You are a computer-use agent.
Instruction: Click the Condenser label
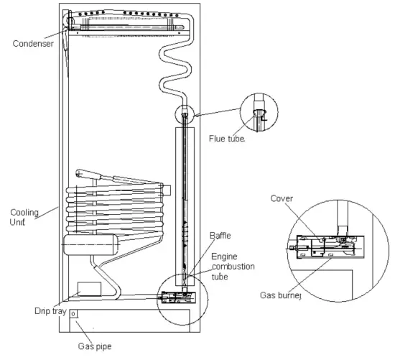coord(33,44)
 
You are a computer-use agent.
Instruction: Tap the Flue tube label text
coord(227,139)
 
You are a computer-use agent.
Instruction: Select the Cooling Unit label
coord(24,217)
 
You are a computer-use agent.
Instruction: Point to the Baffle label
coord(220,236)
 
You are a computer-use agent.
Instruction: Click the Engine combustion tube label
coord(233,267)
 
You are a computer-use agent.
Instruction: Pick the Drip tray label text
coord(50,311)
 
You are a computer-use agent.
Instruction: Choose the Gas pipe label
coord(95,346)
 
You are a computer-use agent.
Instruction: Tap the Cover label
coord(282,198)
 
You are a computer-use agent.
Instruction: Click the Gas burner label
coord(280,295)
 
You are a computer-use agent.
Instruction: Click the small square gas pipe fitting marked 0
coord(73,314)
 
